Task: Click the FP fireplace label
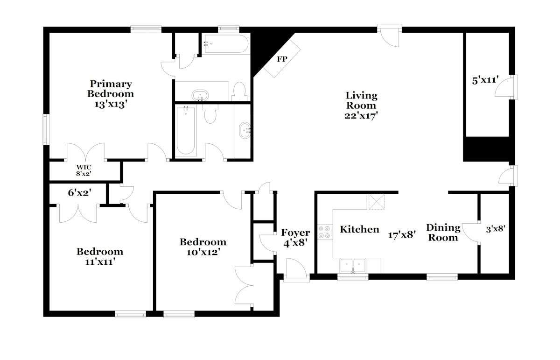point(282,59)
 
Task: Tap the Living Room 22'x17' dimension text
point(361,116)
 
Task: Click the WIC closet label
point(84,167)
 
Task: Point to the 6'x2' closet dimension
point(79,192)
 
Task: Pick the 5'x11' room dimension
point(485,80)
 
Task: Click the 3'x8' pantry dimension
point(496,229)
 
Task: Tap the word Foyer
point(295,233)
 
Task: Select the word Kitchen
point(359,229)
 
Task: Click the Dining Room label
point(443,233)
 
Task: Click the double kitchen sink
point(353,266)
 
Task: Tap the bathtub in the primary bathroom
point(226,44)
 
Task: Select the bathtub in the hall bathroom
point(186,131)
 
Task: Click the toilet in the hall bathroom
point(210,114)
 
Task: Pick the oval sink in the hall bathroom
point(245,130)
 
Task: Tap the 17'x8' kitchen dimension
point(402,235)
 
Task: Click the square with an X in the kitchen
point(376,201)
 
